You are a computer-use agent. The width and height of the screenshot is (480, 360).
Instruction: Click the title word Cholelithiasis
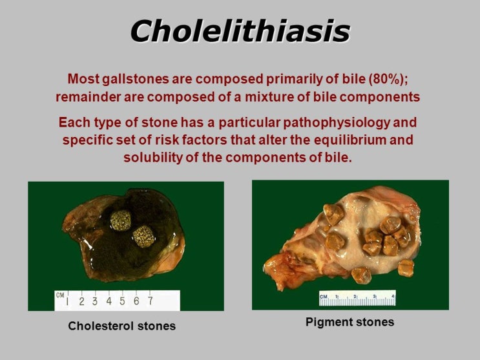click(x=240, y=30)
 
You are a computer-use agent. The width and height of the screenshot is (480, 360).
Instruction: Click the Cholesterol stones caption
click(x=121, y=326)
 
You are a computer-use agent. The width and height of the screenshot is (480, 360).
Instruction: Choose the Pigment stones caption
click(x=350, y=322)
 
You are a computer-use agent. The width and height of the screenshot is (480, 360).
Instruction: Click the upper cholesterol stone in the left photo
click(x=120, y=220)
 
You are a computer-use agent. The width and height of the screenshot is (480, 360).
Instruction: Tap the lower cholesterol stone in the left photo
click(x=143, y=236)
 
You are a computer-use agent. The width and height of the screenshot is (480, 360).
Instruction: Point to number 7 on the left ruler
click(x=150, y=301)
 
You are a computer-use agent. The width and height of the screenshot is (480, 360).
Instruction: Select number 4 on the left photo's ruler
click(x=109, y=301)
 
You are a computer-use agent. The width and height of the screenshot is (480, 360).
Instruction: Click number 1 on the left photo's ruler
click(x=67, y=301)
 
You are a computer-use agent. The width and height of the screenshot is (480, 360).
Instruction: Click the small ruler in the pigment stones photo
click(x=357, y=298)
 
